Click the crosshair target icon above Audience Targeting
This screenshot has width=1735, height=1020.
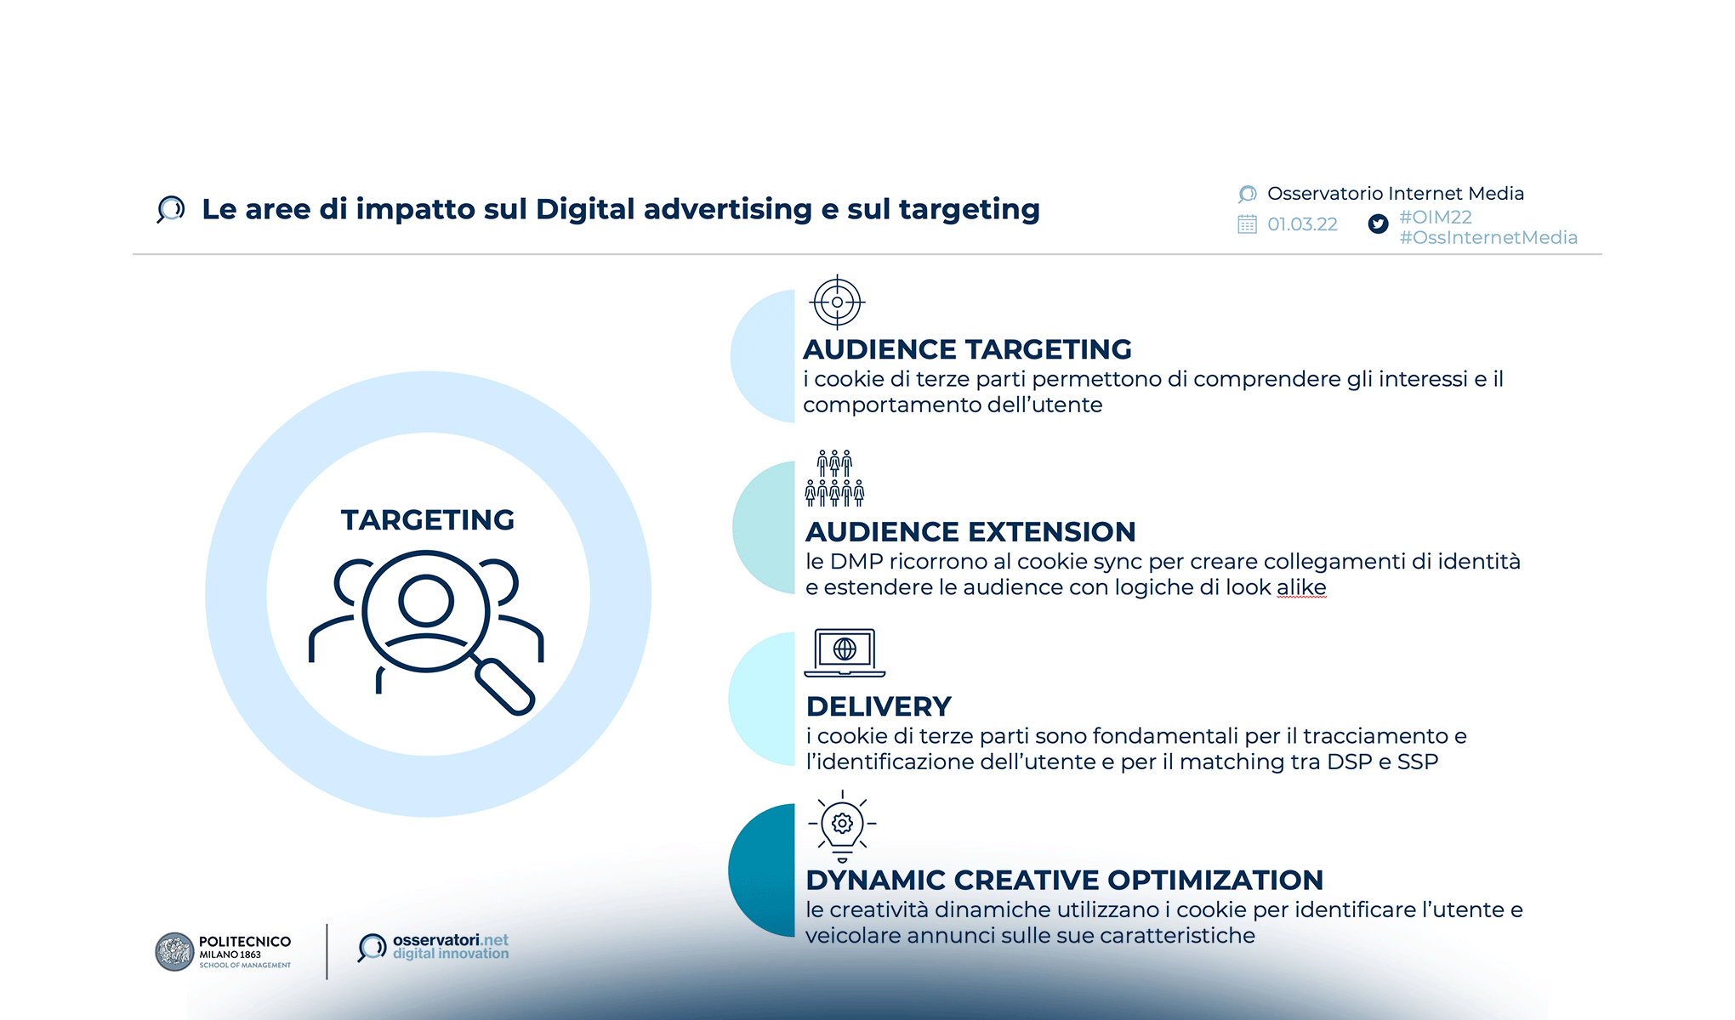tap(838, 302)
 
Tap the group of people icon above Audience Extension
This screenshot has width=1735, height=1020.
tap(834, 479)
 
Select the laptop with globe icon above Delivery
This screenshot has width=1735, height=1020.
tap(845, 652)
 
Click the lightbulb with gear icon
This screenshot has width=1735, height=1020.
tap(842, 825)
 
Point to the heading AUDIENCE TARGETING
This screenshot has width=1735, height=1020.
tap(967, 349)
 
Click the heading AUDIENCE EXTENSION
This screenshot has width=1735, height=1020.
tap(970, 532)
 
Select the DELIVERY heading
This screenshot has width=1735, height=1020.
tap(879, 706)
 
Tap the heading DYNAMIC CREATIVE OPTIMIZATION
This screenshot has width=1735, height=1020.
tap(1064, 880)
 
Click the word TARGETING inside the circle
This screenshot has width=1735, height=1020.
tap(428, 520)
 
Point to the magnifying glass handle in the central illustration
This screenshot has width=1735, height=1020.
tap(506, 688)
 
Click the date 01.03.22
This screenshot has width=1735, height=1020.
tap(1302, 224)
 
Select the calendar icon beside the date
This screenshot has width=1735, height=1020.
tap(1247, 224)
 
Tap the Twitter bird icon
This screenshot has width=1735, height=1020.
tap(1378, 224)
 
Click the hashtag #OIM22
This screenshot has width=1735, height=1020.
tap(1436, 218)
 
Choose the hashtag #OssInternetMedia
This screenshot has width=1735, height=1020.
tap(1488, 238)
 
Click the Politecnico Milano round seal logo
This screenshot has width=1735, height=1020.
tap(174, 952)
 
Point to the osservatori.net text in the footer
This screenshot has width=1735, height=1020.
tap(450, 940)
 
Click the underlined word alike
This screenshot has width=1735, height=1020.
tap(1301, 587)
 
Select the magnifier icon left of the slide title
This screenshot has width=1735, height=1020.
tap(171, 209)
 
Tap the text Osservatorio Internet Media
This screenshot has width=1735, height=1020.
tap(1395, 194)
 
